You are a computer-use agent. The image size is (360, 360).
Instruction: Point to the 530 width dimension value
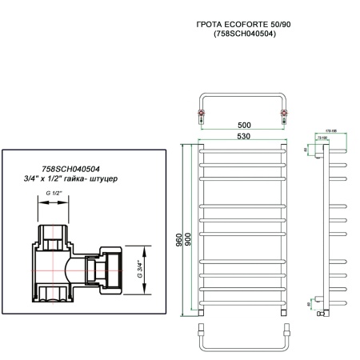coord(245,137)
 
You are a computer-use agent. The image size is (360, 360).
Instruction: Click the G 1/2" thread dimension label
coord(54,194)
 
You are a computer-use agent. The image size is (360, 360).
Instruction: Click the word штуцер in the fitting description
coord(102,178)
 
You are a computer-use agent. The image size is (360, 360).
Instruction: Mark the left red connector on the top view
coord(200,115)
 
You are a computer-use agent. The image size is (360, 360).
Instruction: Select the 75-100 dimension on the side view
coord(329,138)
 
